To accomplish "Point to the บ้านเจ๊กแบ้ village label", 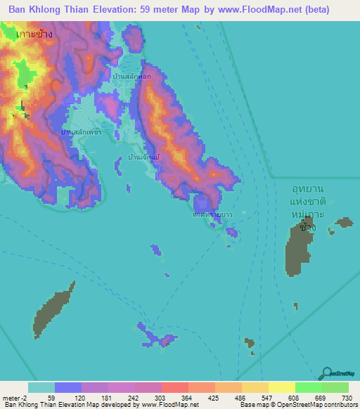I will pos(146,159).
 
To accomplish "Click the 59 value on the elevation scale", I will pos(51,397).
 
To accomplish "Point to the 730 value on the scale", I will pos(347,397).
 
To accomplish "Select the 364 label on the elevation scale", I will pos(186,397).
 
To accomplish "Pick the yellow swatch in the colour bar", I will pos(281,387).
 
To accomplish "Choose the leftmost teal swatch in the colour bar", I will pos(41,387).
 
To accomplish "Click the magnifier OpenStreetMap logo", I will pos(326,374).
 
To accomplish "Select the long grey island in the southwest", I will pos(54,309).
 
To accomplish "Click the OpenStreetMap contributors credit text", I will pos(309,405).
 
